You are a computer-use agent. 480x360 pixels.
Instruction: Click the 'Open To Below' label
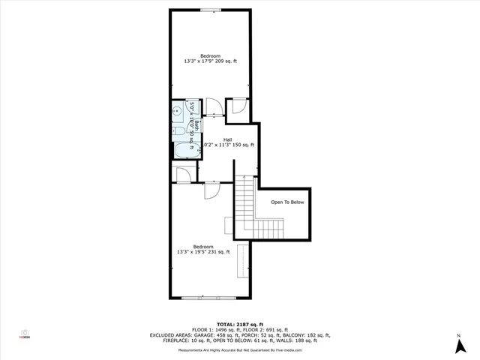(x=288, y=202)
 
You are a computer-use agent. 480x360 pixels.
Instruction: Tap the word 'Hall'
(x=227, y=139)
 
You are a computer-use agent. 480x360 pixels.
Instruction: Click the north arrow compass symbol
(x=459, y=346)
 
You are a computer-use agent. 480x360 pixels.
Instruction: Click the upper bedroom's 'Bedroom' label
(x=210, y=55)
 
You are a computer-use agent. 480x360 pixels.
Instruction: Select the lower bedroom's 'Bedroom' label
(x=203, y=247)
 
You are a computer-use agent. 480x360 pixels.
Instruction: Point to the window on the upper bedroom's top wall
(x=210, y=10)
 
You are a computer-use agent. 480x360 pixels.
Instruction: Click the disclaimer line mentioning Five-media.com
(x=240, y=350)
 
